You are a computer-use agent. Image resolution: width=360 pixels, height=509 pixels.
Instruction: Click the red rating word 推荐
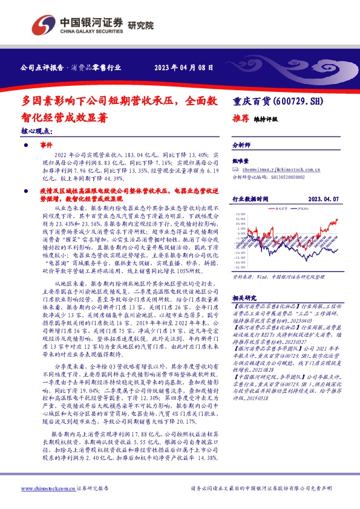click(x=241, y=119)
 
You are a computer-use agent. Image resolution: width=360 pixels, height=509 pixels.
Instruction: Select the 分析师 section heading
click(x=242, y=146)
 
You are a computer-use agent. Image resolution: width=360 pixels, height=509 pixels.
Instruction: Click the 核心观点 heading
click(x=37, y=131)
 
